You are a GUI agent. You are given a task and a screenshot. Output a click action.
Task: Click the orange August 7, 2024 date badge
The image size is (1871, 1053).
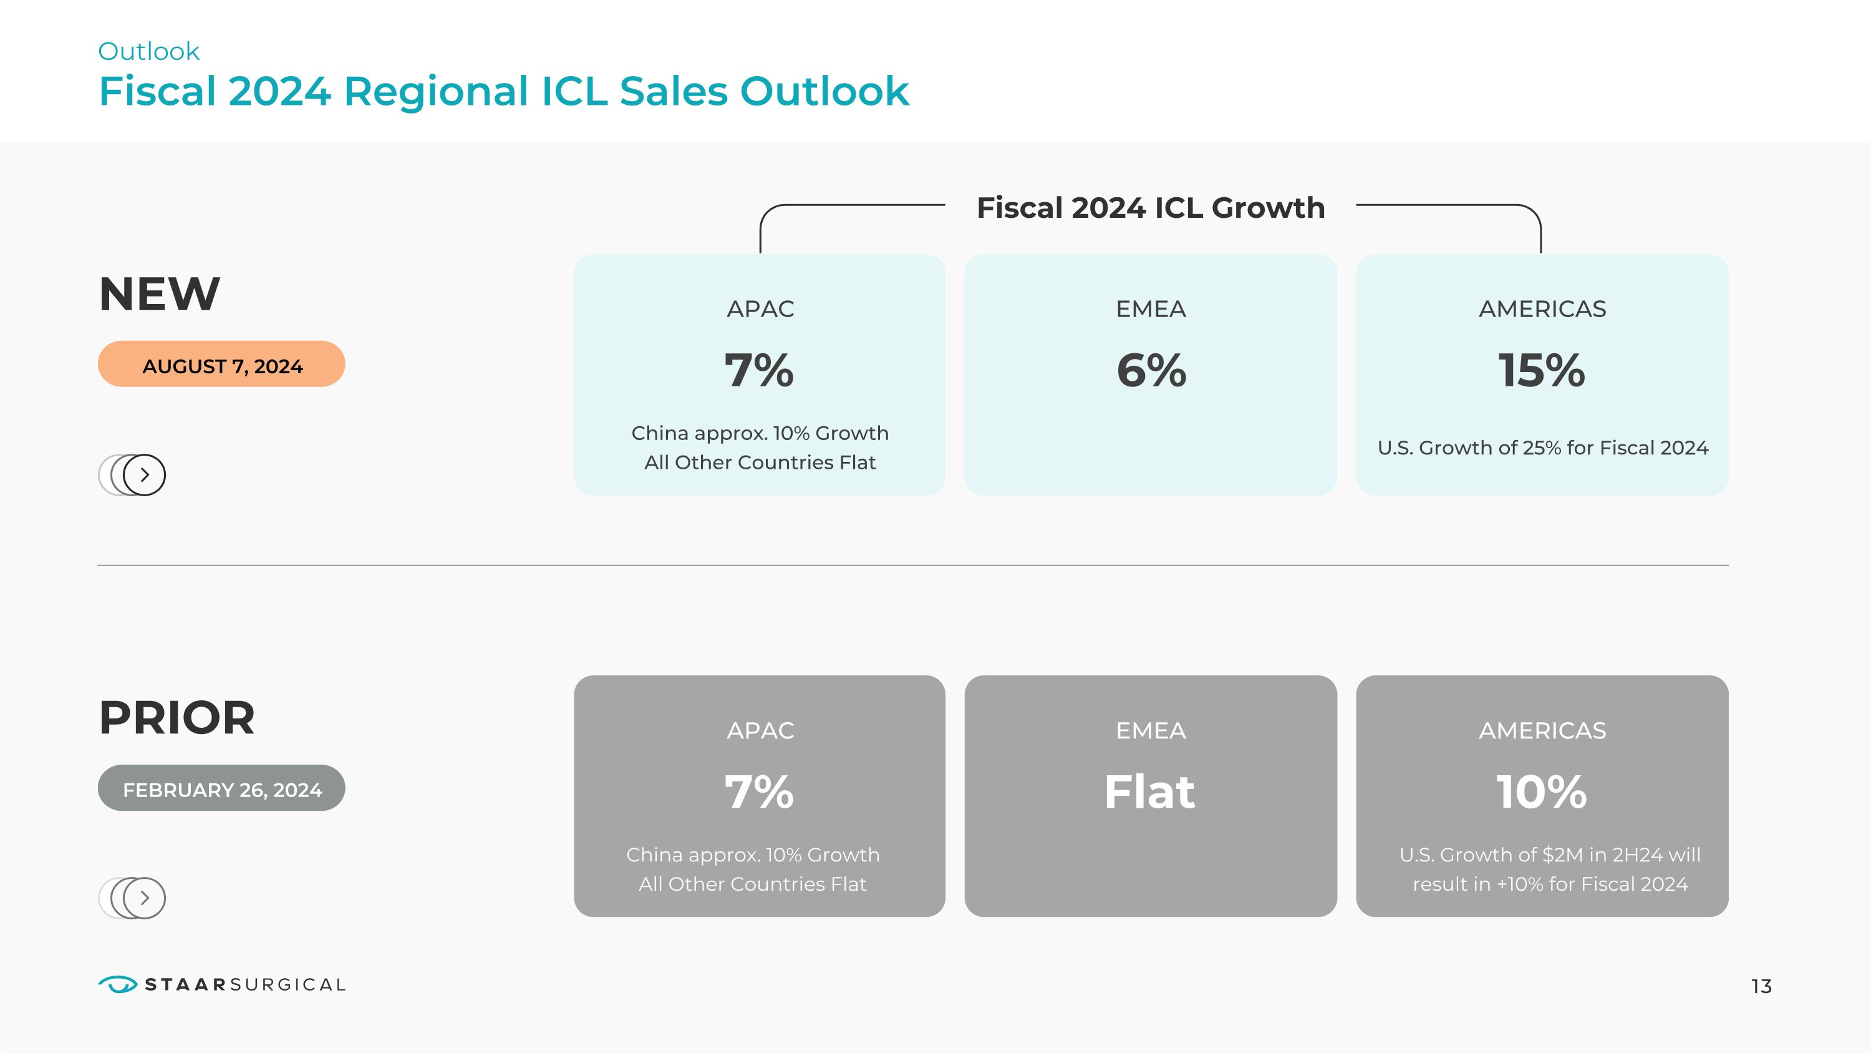tap(221, 365)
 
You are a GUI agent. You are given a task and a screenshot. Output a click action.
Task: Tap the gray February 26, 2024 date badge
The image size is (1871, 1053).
tap(221, 788)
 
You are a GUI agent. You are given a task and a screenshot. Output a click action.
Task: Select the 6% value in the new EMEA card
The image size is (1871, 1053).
tap(1151, 371)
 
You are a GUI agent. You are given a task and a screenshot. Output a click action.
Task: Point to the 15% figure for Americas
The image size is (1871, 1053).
tap(1541, 371)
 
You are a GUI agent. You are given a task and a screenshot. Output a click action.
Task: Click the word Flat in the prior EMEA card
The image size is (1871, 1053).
tap(1150, 792)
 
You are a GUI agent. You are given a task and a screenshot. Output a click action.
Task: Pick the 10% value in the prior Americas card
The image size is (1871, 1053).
tap(1541, 792)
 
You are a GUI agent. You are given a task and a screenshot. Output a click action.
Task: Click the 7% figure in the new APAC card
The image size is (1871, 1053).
tap(759, 371)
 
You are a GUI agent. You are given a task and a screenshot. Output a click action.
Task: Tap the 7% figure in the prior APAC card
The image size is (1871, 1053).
tap(759, 792)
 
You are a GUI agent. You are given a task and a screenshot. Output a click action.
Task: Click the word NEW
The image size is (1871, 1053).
tap(159, 295)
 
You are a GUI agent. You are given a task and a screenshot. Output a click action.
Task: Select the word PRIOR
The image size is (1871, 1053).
tap(176, 718)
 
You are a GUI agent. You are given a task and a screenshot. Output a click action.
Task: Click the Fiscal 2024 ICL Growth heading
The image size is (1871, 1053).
tap(1151, 208)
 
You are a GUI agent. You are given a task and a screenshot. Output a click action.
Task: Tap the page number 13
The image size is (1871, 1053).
tap(1761, 986)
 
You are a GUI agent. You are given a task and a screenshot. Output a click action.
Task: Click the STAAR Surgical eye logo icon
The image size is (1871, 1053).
tap(117, 984)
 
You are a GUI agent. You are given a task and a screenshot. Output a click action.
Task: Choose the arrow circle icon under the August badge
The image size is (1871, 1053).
tap(144, 474)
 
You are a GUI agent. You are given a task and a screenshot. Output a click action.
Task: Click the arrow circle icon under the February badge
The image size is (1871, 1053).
tap(144, 898)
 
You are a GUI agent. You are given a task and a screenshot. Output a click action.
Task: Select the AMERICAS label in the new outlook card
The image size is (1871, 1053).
tap(1542, 309)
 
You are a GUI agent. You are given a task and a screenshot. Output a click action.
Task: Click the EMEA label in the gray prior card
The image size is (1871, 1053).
tap(1151, 730)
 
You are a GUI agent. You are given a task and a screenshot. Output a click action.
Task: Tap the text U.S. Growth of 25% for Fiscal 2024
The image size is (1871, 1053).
tap(1542, 448)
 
